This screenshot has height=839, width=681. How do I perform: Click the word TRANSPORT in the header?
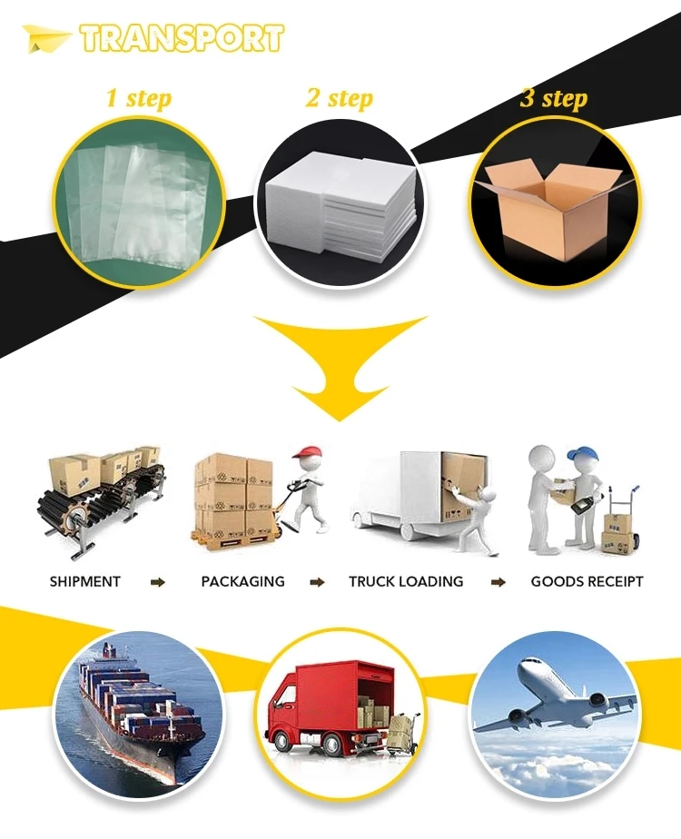tap(181, 38)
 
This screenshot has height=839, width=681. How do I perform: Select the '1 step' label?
tap(138, 98)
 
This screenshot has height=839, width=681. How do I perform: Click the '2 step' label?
tap(339, 98)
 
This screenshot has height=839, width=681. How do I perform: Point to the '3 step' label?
tap(553, 98)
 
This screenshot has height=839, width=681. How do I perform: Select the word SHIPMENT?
tap(84, 581)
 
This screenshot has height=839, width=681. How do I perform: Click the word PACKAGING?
tap(242, 581)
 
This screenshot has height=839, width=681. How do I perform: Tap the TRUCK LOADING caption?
tap(406, 581)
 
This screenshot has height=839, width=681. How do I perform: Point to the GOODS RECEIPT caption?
tap(587, 581)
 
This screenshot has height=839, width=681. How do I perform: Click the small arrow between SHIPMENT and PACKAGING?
tap(159, 581)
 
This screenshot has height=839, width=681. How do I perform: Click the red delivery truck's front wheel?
tap(296, 745)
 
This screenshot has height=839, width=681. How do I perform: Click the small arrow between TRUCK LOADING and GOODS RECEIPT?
tap(498, 581)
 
